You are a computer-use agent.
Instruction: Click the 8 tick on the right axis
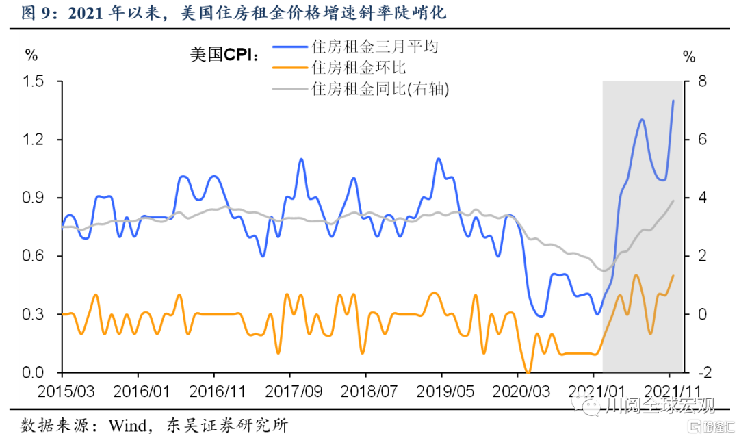point(692,81)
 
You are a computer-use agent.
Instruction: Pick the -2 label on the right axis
point(695,373)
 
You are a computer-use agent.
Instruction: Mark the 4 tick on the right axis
point(692,198)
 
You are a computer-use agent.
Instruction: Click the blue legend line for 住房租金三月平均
point(291,47)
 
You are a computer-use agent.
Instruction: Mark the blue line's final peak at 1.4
point(673,101)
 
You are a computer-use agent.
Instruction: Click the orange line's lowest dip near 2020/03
point(528,372)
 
